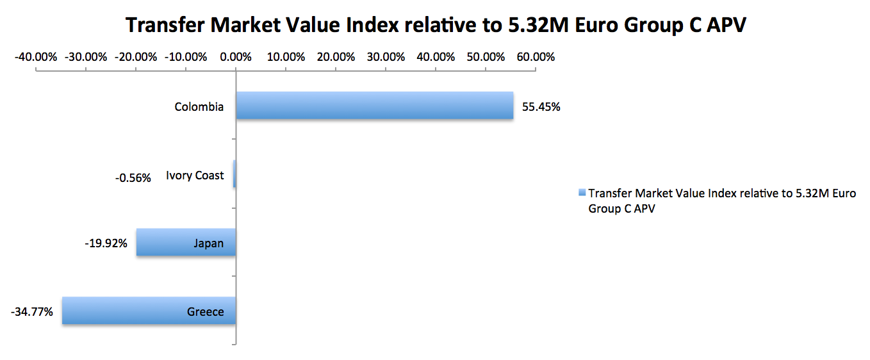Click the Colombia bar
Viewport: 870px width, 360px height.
tap(375, 105)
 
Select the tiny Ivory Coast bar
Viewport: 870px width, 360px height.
tap(234, 174)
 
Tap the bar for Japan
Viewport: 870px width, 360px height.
tap(186, 242)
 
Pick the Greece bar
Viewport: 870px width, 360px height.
tap(149, 311)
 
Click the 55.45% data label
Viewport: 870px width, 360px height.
tap(541, 107)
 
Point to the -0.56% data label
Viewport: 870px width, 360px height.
tap(133, 177)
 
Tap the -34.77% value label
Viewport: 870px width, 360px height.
tap(32, 313)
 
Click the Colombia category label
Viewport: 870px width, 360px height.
tap(199, 107)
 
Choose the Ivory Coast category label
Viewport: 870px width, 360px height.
tap(195, 176)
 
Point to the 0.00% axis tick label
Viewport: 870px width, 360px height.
tap(236, 56)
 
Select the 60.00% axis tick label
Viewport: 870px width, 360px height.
tap(536, 56)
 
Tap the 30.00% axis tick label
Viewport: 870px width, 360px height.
tap(386, 56)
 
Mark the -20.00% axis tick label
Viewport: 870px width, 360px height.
tap(136, 56)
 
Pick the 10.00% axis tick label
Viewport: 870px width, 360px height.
tap(286, 56)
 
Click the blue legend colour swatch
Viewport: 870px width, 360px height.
tap(582, 192)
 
